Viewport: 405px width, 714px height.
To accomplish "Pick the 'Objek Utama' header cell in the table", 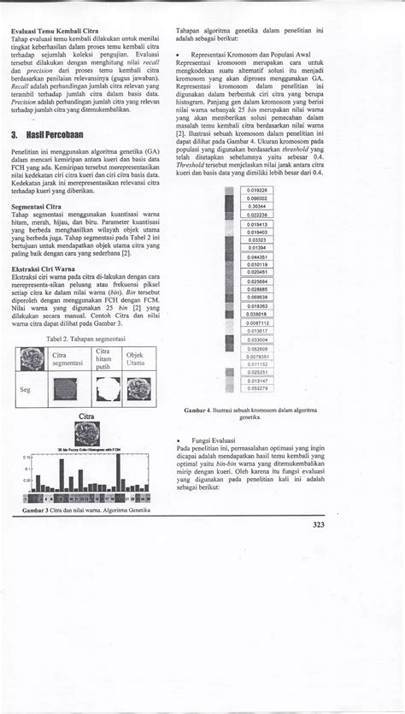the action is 135,359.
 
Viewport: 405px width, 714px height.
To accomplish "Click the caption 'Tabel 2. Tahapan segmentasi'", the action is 84,339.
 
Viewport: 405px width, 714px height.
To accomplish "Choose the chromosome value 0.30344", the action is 255,206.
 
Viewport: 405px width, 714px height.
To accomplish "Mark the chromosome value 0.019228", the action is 255,189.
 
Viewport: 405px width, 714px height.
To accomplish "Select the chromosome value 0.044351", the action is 255,256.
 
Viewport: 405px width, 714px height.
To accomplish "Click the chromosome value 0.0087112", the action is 255,322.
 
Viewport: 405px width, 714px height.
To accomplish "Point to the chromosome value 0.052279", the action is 257,388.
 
